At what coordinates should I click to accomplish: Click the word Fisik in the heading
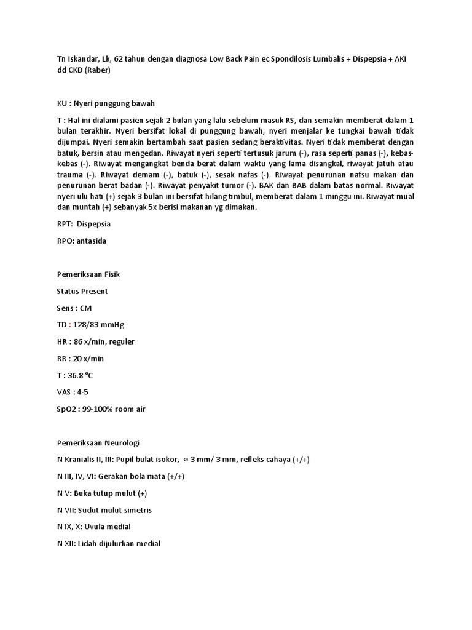point(118,274)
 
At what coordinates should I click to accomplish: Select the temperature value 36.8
point(76,375)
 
